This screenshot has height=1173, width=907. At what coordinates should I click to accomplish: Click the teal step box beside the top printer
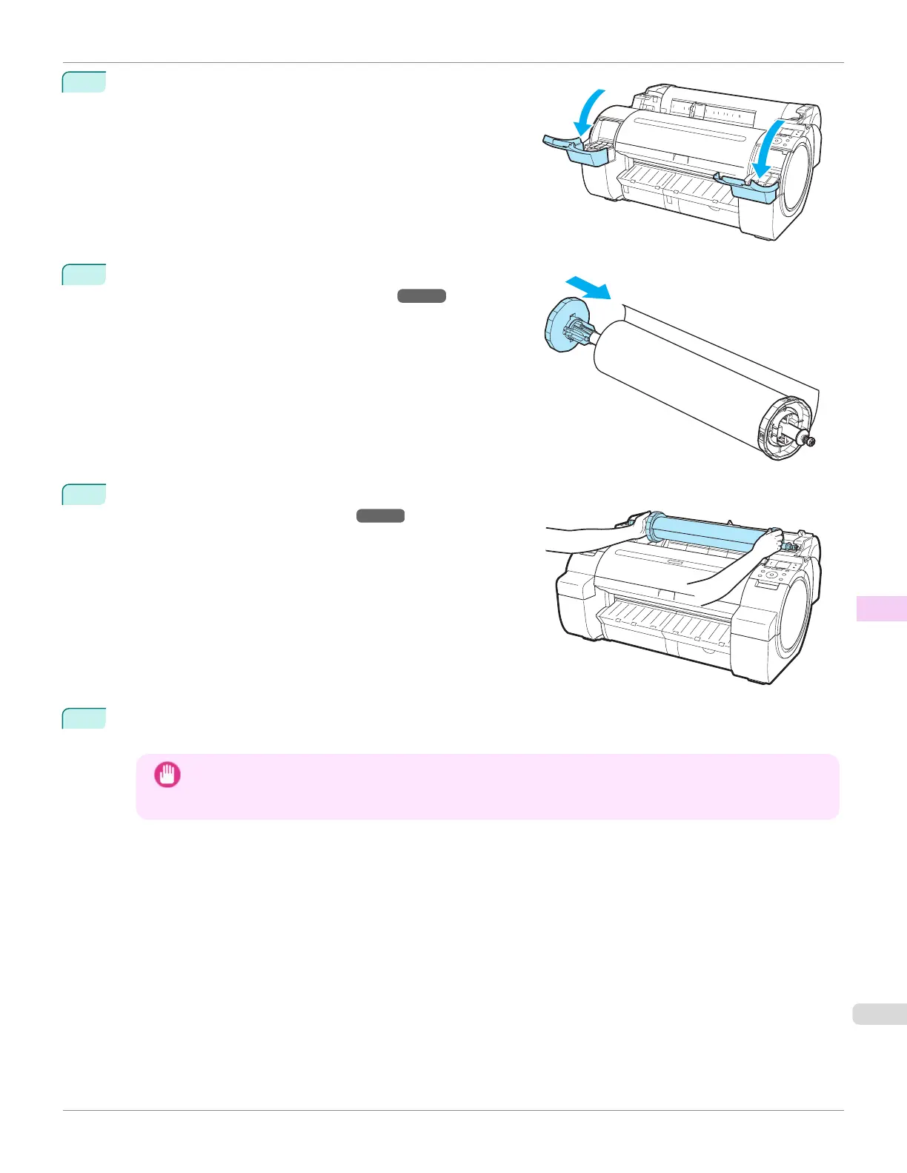pyautogui.click(x=84, y=81)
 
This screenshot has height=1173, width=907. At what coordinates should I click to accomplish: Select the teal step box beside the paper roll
pyautogui.click(x=84, y=274)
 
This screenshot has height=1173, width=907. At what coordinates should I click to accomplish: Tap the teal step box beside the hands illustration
pyautogui.click(x=84, y=494)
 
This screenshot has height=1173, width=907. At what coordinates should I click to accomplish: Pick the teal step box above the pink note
pyautogui.click(x=84, y=718)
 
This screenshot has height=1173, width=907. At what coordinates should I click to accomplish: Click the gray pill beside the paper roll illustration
pyautogui.click(x=422, y=296)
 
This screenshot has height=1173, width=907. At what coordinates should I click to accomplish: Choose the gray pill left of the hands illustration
pyautogui.click(x=380, y=516)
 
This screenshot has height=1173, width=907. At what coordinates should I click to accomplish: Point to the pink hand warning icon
pyautogui.click(x=167, y=775)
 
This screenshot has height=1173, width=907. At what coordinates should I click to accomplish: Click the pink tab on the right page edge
pyautogui.click(x=881, y=608)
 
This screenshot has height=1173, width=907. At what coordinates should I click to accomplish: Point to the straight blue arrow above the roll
pyautogui.click(x=586, y=286)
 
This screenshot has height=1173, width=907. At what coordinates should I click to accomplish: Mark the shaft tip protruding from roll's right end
pyautogui.click(x=811, y=442)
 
